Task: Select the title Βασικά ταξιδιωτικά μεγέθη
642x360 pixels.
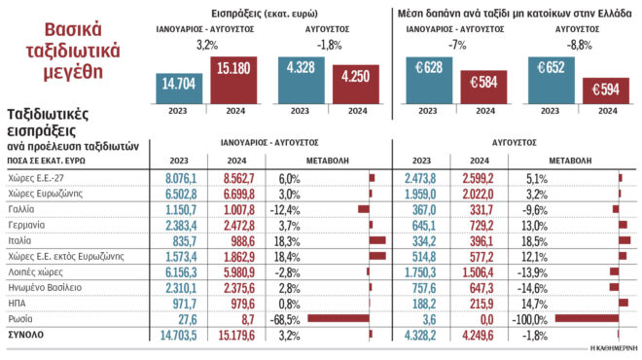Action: (62, 49)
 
